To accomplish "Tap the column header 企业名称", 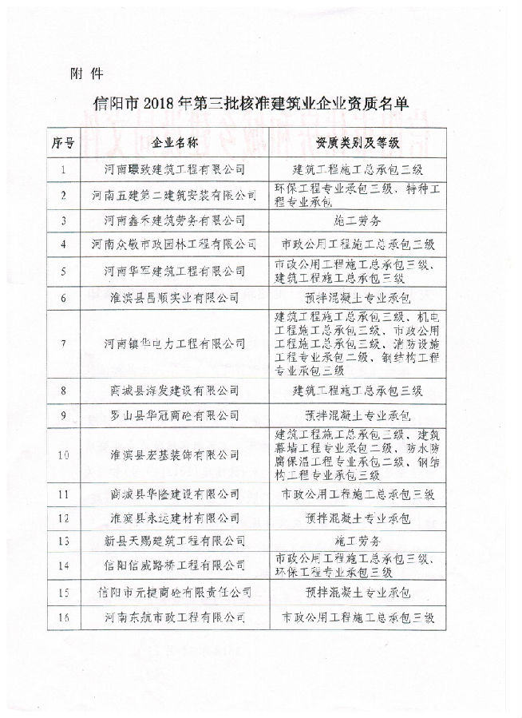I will tap(174, 143).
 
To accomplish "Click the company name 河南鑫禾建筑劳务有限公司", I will tap(174, 218).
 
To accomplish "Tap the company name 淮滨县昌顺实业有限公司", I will tap(174, 297).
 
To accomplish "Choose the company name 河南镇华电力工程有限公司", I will tap(174, 343).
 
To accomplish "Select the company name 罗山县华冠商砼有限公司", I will tap(174, 415).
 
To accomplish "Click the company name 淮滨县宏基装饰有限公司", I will tap(174, 454).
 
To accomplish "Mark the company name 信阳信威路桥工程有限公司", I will tap(174, 565).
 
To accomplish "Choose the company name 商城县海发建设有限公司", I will tap(174, 391).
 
